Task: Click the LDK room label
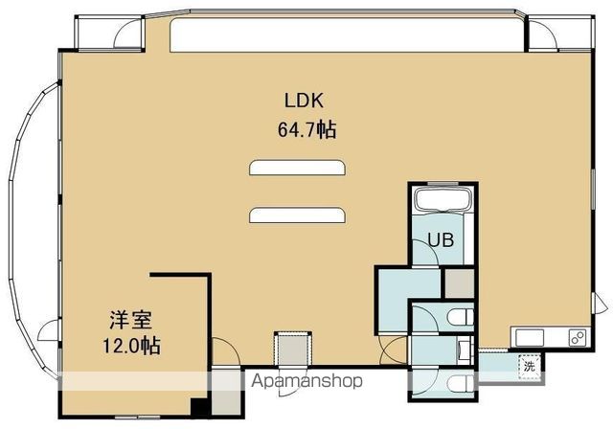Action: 304,101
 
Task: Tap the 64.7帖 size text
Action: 306,129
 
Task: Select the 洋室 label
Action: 130,321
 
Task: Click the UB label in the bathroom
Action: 441,239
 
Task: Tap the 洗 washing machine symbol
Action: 530,367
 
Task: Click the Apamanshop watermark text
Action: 306,380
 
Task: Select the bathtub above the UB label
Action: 442,200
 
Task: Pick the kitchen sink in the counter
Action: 530,338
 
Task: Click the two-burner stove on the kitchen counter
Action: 577,338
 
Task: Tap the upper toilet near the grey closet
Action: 462,317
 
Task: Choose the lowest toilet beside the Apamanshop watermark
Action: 462,383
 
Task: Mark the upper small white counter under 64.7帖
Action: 297,168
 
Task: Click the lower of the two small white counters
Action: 297,215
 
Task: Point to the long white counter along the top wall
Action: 347,34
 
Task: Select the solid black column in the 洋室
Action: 200,408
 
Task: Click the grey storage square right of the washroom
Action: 460,283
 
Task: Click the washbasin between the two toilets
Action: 465,350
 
